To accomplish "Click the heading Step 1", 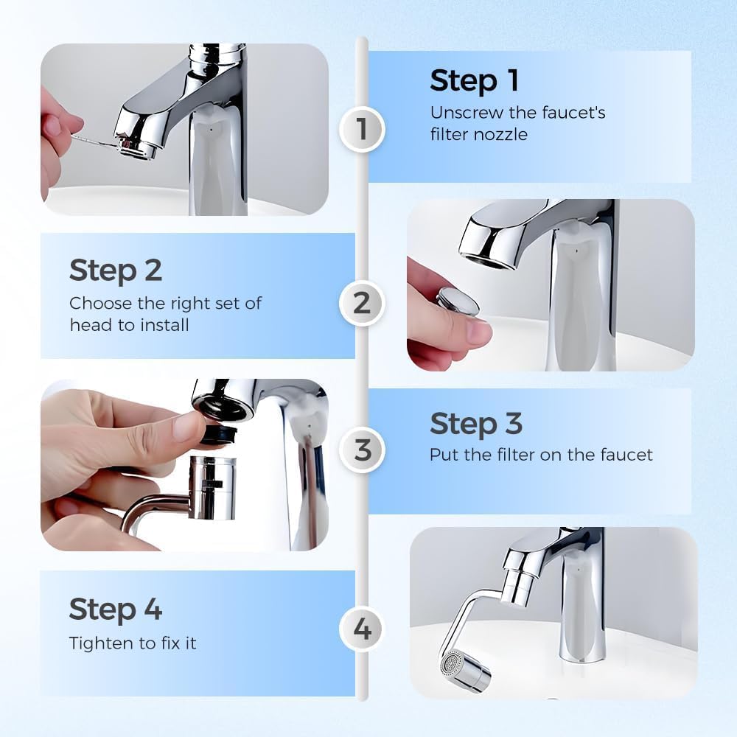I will (x=474, y=80).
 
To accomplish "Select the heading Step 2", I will (x=115, y=270).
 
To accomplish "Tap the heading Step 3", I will (x=475, y=424).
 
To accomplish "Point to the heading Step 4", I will (x=115, y=609).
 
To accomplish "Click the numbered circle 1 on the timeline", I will (x=361, y=129).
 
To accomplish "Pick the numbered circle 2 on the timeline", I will (x=361, y=303).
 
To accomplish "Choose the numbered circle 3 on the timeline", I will (x=362, y=449).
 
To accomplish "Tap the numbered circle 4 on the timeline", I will (x=362, y=630).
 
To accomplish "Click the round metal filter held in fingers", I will (x=457, y=301).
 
